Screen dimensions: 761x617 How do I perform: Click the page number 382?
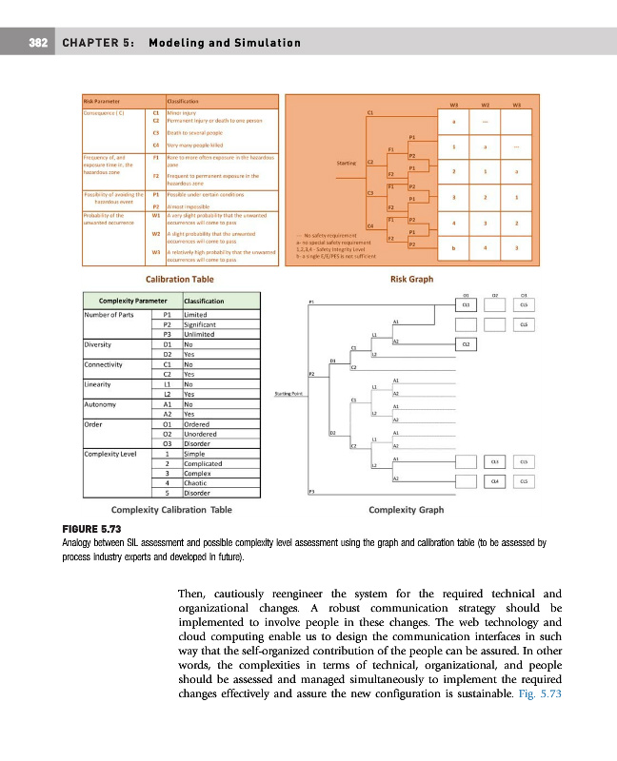[38, 43]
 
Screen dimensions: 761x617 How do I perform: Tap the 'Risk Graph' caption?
[411, 280]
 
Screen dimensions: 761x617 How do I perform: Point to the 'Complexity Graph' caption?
[406, 509]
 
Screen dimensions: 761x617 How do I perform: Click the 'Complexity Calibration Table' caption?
[171, 509]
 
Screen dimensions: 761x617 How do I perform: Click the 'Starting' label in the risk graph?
[347, 163]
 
